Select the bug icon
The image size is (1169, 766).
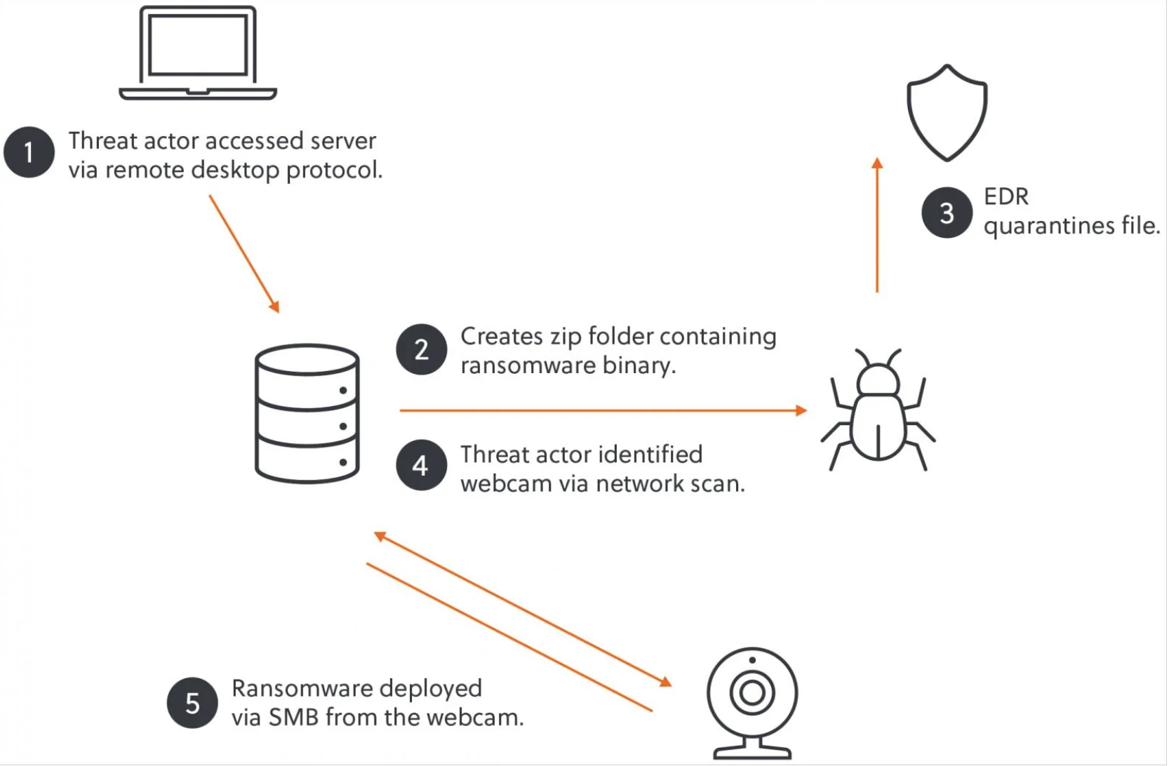878,410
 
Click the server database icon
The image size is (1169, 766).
307,413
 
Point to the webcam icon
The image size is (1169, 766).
752,701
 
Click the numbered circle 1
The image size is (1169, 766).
29,152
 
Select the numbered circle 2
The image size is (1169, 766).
421,349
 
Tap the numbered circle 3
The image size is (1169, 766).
947,213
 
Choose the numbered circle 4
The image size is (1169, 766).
421,465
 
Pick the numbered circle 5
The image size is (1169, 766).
192,703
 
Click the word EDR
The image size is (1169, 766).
1006,197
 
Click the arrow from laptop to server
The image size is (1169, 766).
244,253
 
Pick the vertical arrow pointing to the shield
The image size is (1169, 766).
877,224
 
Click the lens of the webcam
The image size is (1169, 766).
752,693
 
